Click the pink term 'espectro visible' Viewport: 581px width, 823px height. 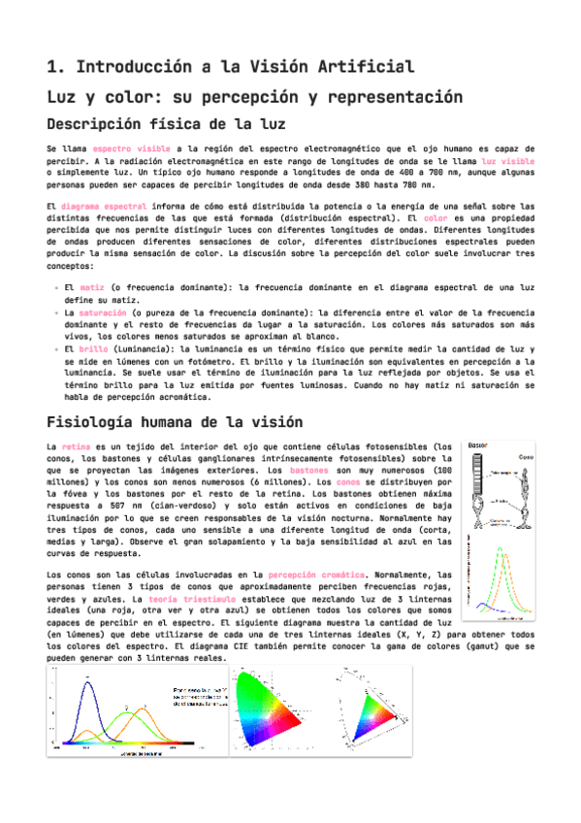tap(124, 148)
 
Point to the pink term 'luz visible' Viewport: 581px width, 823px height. tap(507, 159)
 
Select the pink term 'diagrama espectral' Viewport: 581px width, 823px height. tap(104, 207)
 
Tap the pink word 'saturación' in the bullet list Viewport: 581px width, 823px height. tap(102, 313)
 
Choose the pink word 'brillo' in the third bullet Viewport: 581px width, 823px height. tap(95, 347)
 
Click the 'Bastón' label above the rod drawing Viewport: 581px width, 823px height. tap(478, 445)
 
